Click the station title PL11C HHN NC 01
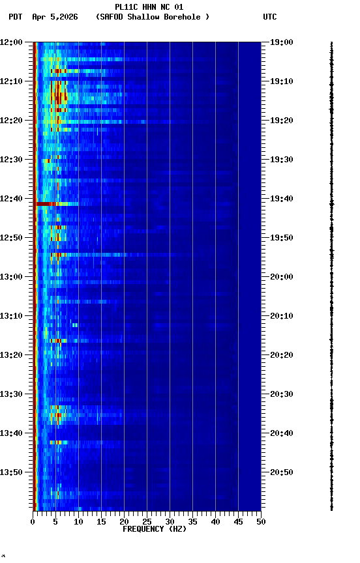pyautogui.click(x=149, y=7)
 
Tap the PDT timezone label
pyautogui.click(x=15, y=17)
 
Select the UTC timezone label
pyautogui.click(x=270, y=17)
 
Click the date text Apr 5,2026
pyautogui.click(x=55, y=17)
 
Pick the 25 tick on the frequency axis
pyautogui.click(x=147, y=521)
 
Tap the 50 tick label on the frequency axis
pyautogui.click(x=261, y=521)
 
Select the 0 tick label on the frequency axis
pyautogui.click(x=33, y=521)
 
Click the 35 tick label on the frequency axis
pyautogui.click(x=192, y=521)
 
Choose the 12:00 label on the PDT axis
pyautogui.click(x=11, y=42)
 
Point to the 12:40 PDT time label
pyautogui.click(x=11, y=198)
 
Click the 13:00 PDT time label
pyautogui.click(x=11, y=276)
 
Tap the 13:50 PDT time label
pyautogui.click(x=11, y=472)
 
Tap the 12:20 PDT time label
pyautogui.click(x=11, y=120)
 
